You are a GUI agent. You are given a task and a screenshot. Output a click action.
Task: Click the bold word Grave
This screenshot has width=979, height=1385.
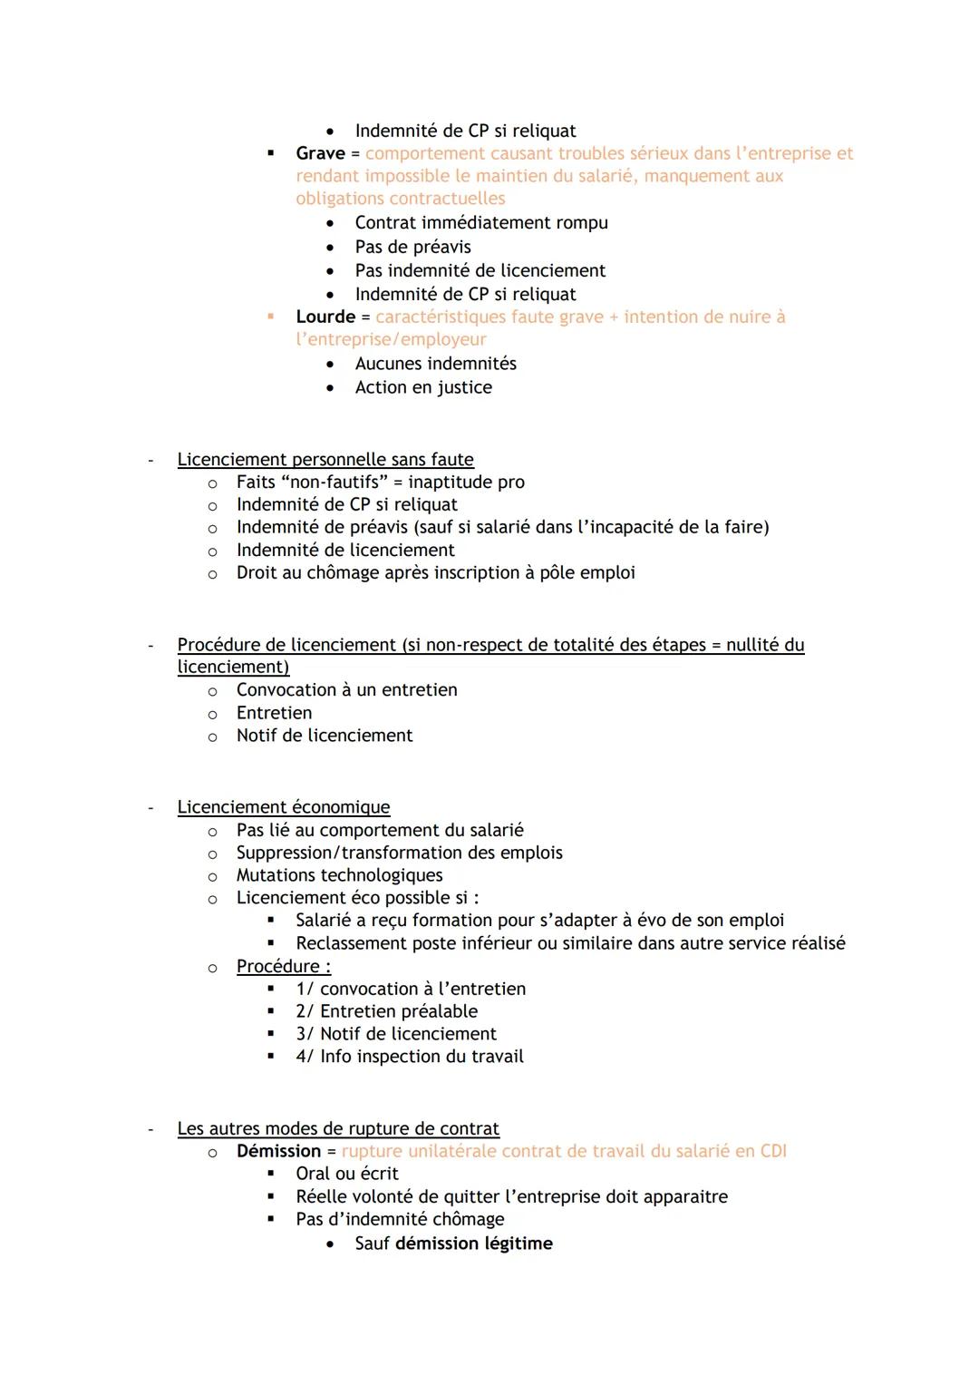tap(320, 153)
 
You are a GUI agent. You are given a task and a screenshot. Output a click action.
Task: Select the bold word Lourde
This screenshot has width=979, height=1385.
tap(325, 317)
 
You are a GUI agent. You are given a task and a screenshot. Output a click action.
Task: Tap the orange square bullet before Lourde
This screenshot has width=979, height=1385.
tap(270, 317)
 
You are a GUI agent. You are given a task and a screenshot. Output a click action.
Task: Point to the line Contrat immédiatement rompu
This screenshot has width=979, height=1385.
tap(480, 222)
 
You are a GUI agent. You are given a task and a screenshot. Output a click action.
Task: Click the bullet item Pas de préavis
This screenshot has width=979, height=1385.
tap(412, 247)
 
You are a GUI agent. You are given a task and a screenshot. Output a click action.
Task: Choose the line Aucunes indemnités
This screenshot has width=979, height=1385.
tap(435, 364)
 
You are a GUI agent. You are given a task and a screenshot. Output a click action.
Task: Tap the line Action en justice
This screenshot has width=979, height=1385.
tap(423, 387)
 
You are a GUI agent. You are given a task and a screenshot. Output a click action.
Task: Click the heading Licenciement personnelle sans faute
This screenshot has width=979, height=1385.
tap(325, 460)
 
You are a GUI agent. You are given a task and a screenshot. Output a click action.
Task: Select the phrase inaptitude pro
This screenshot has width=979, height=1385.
tap(466, 483)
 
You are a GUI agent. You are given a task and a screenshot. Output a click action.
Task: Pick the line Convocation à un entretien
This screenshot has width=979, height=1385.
tap(346, 690)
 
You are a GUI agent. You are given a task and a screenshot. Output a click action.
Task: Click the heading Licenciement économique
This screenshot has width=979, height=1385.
tap(283, 807)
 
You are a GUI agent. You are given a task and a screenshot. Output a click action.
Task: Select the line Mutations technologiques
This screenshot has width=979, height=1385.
tap(339, 875)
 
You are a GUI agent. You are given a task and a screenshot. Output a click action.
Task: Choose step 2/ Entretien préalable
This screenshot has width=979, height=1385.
tap(386, 1011)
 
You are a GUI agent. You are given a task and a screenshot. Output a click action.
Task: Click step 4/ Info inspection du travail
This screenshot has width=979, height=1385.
tap(409, 1057)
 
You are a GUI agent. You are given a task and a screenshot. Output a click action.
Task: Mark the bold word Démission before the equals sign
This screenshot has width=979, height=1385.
tap(278, 1151)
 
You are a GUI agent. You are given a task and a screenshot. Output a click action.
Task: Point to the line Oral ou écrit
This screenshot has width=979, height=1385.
tap(346, 1174)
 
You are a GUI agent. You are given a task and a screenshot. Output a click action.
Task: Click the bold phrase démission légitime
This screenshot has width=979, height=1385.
tap(473, 1244)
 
